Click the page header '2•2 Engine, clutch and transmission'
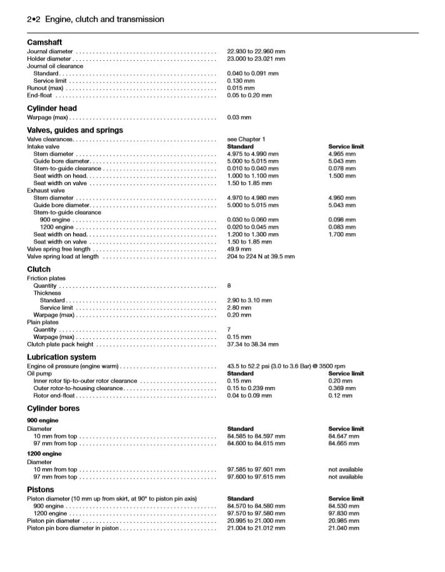96,19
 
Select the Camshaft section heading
44,42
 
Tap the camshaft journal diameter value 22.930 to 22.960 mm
256,51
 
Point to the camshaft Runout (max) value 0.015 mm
241,88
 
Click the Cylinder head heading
52,108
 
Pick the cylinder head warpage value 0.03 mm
239,118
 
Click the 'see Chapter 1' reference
246,139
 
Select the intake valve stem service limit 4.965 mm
342,154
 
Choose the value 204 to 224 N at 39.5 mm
261,256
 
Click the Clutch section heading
39,269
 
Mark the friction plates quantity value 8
229,286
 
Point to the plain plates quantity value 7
229,329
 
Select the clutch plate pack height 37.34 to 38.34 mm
252,344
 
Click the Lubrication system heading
61,357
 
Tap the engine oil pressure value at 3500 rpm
286,366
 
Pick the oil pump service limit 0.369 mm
342,388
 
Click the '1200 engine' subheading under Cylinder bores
44,453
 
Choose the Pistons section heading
41,489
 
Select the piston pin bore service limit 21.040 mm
344,528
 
